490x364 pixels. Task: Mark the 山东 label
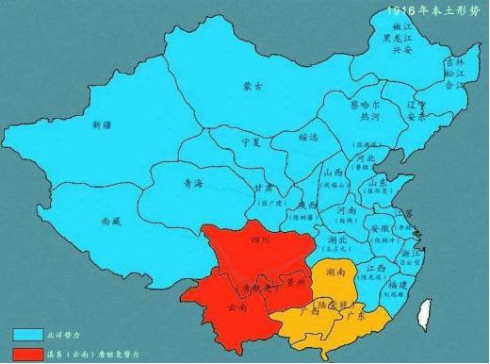coord(377,181)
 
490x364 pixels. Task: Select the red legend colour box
coord(25,355)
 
